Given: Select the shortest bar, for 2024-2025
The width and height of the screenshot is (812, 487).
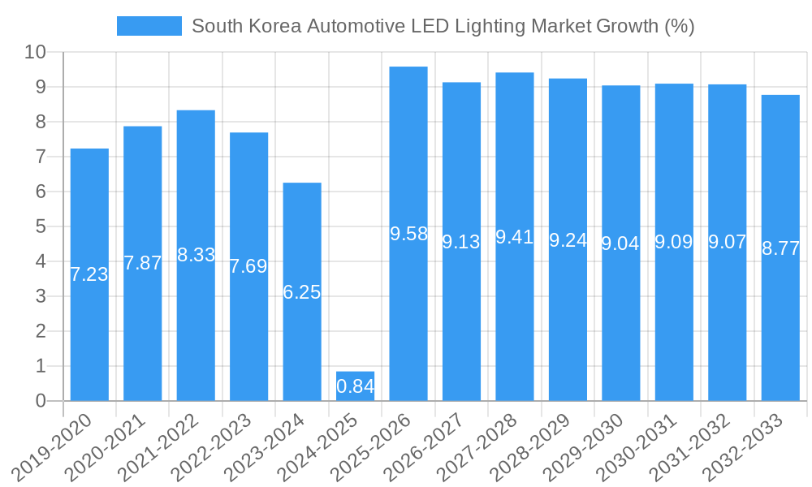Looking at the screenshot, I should coord(355,386).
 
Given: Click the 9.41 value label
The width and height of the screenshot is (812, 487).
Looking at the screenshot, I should coord(515,237).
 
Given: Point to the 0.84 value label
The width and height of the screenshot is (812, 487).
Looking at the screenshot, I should coord(355,387).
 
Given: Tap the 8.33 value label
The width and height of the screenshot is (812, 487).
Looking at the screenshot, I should coord(196,255).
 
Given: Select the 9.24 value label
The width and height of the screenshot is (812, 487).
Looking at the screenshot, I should coord(568,240).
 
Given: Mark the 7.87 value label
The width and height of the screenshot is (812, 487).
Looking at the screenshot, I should coord(143,263).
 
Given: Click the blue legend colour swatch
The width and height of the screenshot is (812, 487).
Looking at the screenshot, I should coord(149,26).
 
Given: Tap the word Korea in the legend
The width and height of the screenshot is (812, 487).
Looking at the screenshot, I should coord(274,26).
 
